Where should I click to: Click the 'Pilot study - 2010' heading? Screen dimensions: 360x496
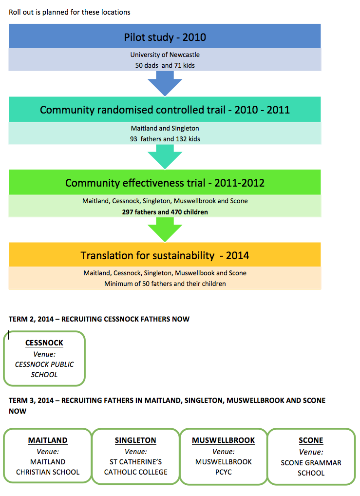coord(165,38)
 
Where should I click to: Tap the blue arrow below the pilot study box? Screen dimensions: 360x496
coord(165,83)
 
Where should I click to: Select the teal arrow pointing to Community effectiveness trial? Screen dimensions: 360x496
coord(165,157)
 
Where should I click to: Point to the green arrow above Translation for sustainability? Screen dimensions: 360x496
coord(165,229)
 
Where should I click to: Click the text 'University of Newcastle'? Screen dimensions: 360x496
coord(165,55)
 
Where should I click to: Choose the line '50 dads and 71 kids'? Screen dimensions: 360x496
coord(165,65)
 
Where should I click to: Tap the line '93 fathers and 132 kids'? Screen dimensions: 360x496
coord(165,139)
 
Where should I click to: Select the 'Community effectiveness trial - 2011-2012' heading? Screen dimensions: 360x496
coord(165,183)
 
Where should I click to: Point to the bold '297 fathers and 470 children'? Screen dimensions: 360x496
coord(165,212)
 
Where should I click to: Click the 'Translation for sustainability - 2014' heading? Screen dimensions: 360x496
coord(165,256)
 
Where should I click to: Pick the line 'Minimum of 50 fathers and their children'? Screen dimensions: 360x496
coord(165,284)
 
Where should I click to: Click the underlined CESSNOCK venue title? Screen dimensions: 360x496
coord(44,343)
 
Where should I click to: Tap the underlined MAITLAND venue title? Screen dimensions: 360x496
coord(48,440)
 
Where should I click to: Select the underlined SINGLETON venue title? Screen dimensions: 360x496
coord(135,440)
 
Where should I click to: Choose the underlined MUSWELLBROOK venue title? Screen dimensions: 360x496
coord(223,440)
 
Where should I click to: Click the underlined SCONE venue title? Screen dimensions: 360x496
coord(311,440)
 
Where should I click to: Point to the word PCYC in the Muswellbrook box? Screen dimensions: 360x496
coord(223,472)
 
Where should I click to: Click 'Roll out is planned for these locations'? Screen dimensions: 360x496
coord(70,12)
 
